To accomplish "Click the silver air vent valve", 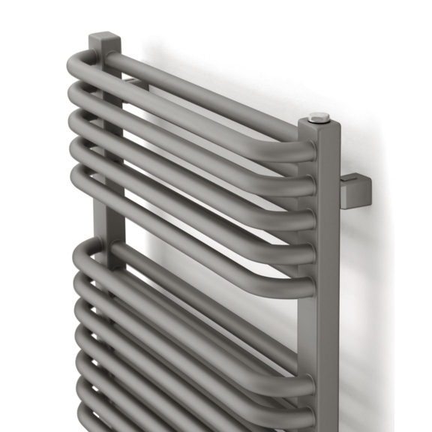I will (x=319, y=117).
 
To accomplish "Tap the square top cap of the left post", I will (x=104, y=39).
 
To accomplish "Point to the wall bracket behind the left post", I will (x=135, y=85).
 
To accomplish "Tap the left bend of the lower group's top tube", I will (x=79, y=252).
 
